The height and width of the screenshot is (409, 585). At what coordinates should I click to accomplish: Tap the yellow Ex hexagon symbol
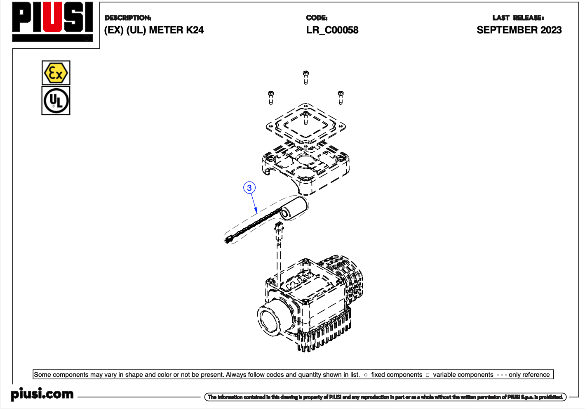[x=56, y=73]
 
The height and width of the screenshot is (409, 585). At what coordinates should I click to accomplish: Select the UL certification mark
[x=56, y=101]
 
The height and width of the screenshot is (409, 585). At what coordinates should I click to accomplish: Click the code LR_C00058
[x=332, y=30]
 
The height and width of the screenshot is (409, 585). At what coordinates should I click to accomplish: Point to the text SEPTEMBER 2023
[x=519, y=30]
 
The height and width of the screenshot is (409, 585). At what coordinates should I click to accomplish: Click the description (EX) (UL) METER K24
[x=154, y=30]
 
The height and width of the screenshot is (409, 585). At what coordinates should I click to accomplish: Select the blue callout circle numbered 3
[x=249, y=188]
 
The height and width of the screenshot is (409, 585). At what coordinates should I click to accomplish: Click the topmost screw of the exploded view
[x=305, y=76]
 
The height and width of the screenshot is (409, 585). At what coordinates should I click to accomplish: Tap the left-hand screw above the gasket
[x=271, y=97]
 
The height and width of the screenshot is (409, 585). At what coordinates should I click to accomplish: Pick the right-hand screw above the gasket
[x=341, y=97]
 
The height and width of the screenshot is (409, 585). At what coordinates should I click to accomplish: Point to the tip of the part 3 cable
[x=228, y=239]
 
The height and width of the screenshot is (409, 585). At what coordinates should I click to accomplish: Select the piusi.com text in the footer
[x=42, y=394]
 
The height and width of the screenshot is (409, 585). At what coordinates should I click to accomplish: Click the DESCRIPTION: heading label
[x=128, y=18]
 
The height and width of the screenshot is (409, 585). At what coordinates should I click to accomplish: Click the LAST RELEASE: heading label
[x=518, y=18]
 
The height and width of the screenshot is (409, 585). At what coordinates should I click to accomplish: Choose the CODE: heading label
[x=317, y=18]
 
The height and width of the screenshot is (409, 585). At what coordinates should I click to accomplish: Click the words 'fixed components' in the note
[x=397, y=375]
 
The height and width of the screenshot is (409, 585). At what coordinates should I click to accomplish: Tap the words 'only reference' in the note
[x=529, y=375]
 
